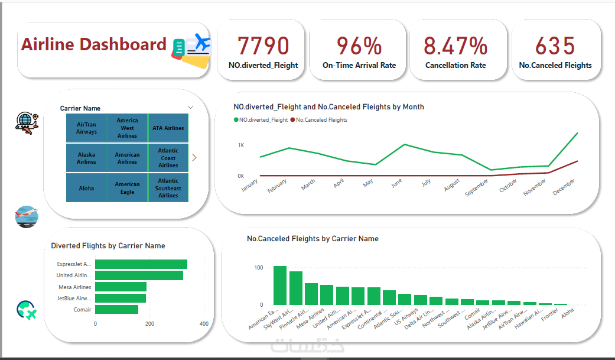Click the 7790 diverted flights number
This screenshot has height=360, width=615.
point(263,46)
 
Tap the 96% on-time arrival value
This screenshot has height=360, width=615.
point(359,46)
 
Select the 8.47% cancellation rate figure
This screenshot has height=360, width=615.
point(455,46)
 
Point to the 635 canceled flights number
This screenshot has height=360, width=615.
point(555,46)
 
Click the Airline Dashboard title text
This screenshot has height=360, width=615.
point(94,44)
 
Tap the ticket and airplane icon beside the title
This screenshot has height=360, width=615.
point(192,47)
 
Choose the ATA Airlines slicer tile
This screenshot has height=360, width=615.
point(168,128)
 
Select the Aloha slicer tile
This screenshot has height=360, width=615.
point(86,188)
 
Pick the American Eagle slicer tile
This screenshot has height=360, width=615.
point(127,188)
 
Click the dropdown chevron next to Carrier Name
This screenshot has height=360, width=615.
point(190,108)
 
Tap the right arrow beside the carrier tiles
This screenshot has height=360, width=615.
point(194,158)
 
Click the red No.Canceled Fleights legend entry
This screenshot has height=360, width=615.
point(321,120)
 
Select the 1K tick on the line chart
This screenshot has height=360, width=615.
point(241,145)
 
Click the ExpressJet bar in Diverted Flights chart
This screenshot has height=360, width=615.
point(141,264)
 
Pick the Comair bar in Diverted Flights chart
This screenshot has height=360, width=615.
point(116,309)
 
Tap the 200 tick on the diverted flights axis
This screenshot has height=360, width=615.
point(149,324)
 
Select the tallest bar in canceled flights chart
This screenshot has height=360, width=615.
point(280,285)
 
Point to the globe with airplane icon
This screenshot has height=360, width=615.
point(27,121)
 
